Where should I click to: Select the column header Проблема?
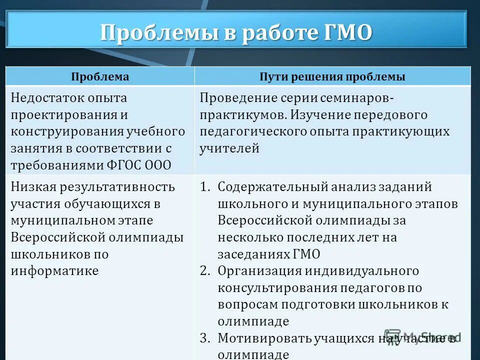click(x=100, y=77)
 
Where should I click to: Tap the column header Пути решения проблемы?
click(x=332, y=77)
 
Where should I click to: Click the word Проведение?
click(x=236, y=98)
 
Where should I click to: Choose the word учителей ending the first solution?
click(x=229, y=148)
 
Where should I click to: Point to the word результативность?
click(x=117, y=187)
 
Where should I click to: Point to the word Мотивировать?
click(x=264, y=338)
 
